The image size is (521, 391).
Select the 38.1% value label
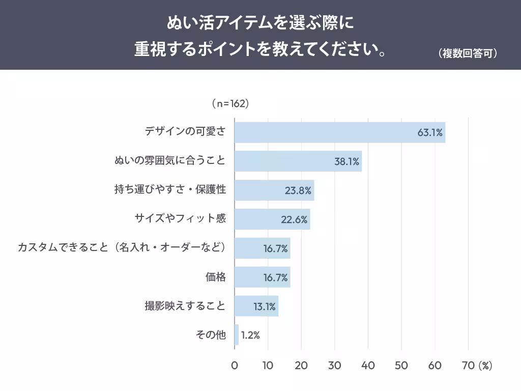347,162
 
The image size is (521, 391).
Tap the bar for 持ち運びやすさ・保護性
274,190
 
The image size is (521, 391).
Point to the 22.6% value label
294,219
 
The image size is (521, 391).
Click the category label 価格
215,277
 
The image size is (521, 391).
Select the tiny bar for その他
237,335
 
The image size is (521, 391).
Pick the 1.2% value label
250,336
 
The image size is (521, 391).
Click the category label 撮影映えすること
185,306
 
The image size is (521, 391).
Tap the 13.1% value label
265,306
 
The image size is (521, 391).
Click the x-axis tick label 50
401,366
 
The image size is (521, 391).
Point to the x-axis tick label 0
235,366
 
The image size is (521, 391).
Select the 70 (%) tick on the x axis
477,366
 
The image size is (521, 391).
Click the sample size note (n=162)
229,103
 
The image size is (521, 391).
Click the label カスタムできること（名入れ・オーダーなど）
122,248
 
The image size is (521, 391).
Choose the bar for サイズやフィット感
272,219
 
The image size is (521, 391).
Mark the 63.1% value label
430,133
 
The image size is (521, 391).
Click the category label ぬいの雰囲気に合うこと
170,161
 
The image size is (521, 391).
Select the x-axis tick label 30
334,366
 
